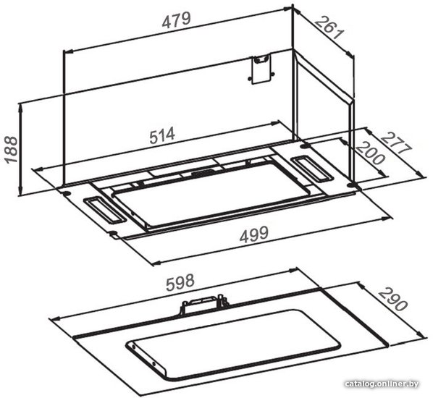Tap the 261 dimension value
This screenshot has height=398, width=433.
coord(330,28)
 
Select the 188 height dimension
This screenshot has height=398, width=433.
coord(12,150)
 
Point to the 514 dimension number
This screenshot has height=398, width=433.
coord(162,135)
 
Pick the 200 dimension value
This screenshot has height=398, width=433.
coord(369,153)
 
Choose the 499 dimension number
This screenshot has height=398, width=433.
coord(253,234)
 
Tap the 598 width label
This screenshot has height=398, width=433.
coord(180,282)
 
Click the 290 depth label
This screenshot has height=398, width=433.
coord(392,300)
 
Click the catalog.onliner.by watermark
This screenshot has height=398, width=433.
coord(382,384)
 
